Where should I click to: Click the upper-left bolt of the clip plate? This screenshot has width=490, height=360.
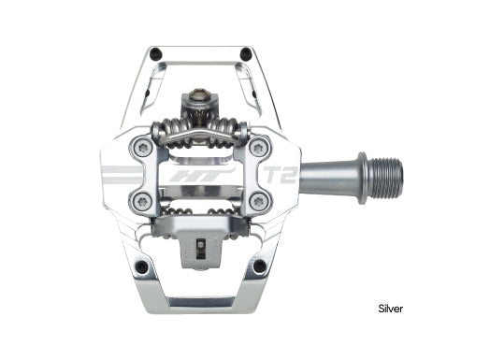coord(143,146)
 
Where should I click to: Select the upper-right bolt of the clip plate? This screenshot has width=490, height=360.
coord(259,146)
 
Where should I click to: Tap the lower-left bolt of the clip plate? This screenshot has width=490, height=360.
coord(143,201)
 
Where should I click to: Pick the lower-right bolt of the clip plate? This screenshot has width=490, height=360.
coord(259,201)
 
